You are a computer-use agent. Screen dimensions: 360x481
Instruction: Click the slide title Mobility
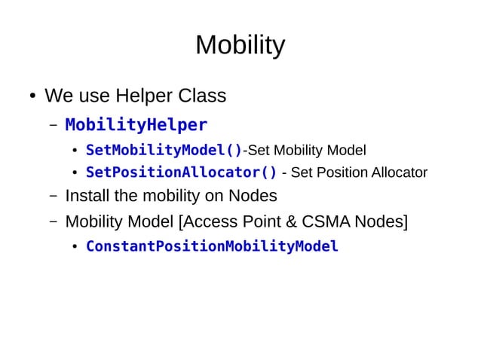coord(240,46)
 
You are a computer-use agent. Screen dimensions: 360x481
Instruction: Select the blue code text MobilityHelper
coord(136,124)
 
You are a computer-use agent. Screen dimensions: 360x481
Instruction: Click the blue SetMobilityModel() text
coord(164,149)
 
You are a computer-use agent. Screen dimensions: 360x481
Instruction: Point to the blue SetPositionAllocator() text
coord(181,172)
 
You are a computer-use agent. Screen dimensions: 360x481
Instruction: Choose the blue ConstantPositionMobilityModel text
coord(212,246)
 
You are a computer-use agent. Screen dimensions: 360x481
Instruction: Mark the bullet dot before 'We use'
coord(33,97)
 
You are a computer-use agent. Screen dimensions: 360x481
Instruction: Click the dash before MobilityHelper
coord(53,124)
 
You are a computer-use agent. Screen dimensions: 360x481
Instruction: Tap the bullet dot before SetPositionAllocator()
coord(75,173)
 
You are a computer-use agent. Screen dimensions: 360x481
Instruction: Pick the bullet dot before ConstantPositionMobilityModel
coord(75,247)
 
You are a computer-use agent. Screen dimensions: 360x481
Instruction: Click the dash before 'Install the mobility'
coord(53,197)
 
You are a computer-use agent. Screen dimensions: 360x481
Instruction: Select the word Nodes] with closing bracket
coord(381,222)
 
